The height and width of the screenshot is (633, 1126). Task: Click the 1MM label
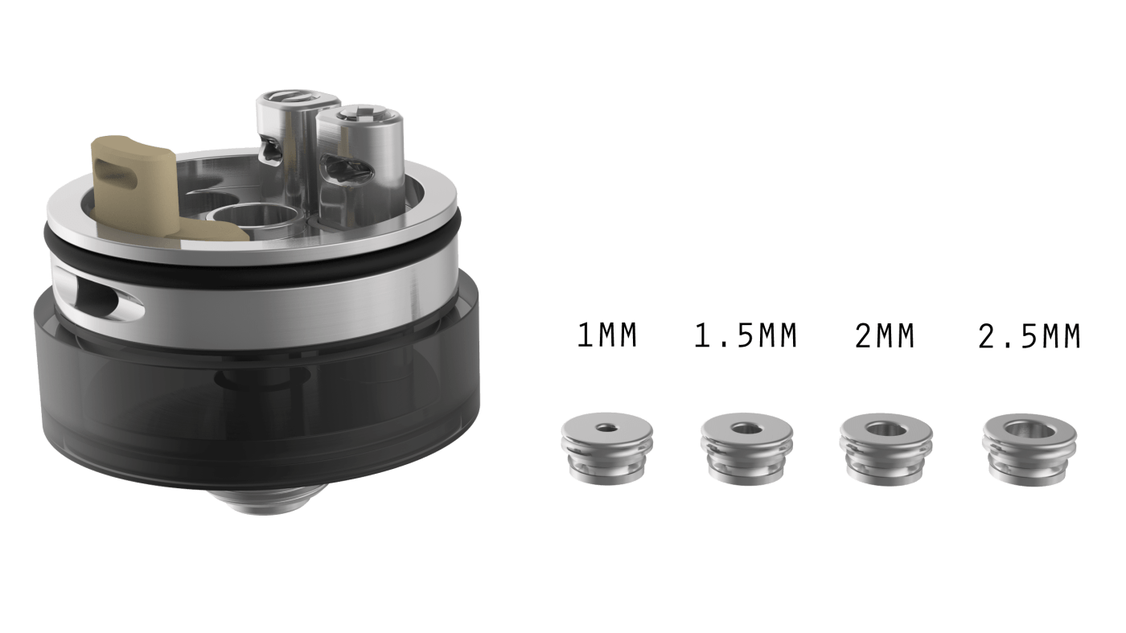tap(606, 335)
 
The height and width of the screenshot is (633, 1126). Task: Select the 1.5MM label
tap(746, 335)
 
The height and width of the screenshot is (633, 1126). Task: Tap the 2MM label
tap(884, 335)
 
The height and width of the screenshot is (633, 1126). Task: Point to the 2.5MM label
tap(1029, 335)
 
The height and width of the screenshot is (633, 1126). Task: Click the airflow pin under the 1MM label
tap(607, 449)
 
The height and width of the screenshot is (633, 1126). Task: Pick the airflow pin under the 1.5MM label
tap(746, 449)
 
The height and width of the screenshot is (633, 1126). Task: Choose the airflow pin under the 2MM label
tap(886, 449)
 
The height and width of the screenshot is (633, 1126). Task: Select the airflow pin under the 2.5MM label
tap(1029, 450)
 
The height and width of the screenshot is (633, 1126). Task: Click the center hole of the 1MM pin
tap(606, 428)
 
